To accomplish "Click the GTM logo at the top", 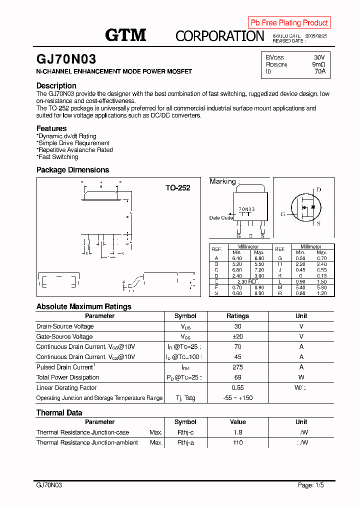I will tap(125, 35).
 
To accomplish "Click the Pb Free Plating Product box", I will tap(289, 22).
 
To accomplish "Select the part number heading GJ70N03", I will tap(66, 59).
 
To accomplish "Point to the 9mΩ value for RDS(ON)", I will tap(318, 64).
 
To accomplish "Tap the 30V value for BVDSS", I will tap(319, 57).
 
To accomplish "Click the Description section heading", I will tap(56, 85).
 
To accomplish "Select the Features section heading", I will tap(51, 128).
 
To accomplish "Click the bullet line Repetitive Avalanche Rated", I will tap(75, 150).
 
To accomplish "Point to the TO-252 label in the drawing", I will tap(178, 188).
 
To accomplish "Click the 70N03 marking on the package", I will tap(246, 209).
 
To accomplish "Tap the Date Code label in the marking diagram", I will tap(220, 218).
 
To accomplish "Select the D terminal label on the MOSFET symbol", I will tap(318, 190).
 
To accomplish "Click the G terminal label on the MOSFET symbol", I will tap(282, 214).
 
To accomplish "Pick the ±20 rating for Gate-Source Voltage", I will tap(237, 336).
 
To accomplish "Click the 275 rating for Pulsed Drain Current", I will tap(237, 367).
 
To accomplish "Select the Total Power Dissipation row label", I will tap(64, 377).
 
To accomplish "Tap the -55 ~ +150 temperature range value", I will tap(237, 398).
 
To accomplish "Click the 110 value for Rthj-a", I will tap(237, 442).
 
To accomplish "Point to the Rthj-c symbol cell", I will tap(185, 432).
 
